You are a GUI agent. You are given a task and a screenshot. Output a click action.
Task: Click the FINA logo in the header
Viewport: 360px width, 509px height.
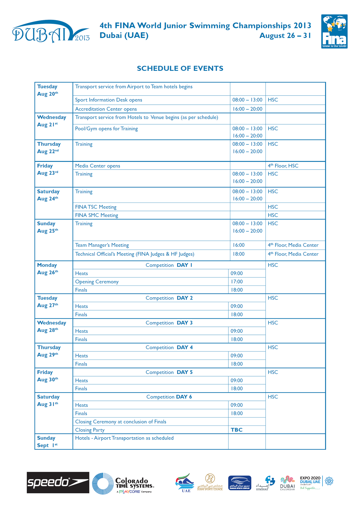coord(334,31)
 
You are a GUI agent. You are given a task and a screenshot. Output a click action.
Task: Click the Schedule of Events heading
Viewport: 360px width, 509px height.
coord(180,68)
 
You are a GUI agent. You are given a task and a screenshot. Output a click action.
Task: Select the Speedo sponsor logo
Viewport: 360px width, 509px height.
coord(58,482)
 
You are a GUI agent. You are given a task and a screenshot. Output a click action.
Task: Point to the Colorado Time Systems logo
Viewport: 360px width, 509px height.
coord(123,484)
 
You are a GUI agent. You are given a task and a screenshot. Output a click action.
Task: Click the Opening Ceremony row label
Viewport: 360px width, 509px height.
coord(97,282)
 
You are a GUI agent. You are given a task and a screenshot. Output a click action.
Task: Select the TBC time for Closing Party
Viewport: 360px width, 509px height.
coord(237,430)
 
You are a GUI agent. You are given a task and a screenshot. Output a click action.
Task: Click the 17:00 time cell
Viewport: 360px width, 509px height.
coord(237,282)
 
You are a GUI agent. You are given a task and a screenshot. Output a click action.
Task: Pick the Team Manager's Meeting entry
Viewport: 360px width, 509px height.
coord(102,245)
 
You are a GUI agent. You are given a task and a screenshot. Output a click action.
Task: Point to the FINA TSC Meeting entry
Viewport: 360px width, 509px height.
coord(96,207)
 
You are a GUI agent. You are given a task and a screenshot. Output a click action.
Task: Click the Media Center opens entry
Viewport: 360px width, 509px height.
coord(98,166)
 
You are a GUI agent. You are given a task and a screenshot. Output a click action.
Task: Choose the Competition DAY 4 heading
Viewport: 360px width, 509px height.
coord(169,347)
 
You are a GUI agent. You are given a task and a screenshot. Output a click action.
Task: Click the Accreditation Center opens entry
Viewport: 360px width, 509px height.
coord(106,109)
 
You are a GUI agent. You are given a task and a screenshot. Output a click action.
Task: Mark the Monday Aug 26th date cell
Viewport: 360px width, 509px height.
coord(48,269)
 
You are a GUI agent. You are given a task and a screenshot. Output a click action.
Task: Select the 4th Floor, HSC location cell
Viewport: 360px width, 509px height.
coord(283,166)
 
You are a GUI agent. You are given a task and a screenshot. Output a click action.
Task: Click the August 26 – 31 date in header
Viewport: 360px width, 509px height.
coord(285,36)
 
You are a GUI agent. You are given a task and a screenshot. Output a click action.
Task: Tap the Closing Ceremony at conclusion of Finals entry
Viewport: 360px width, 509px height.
coord(120,422)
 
